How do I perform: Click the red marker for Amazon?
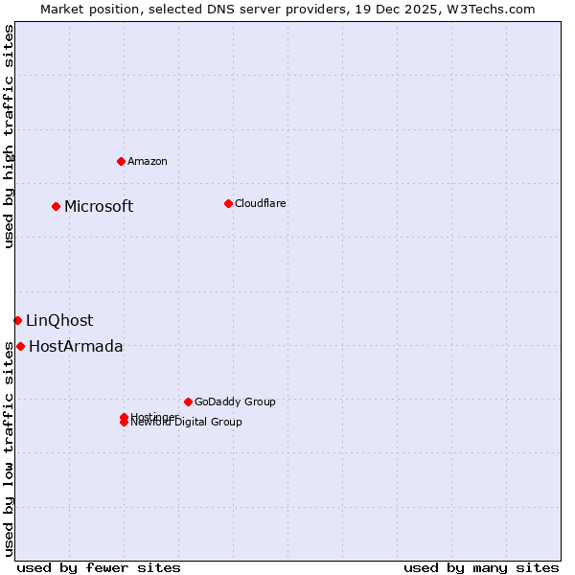121,161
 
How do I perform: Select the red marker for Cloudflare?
228,203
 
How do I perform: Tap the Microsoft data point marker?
57,206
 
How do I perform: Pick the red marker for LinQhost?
18,320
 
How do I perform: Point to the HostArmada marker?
21,346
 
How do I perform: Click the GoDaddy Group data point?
188,402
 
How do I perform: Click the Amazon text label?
147,161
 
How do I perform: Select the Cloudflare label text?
260,203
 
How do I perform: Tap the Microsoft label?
99,206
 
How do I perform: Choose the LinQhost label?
59,320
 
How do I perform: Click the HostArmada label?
76,346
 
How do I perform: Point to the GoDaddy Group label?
234,402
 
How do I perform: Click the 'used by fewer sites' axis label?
99,567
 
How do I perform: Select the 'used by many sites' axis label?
481,567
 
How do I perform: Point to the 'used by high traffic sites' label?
9,136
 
